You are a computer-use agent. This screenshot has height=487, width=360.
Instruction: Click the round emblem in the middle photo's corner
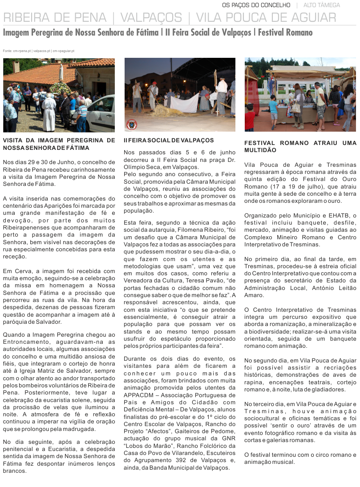[132, 125]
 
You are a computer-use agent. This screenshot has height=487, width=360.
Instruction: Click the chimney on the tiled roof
[16, 67]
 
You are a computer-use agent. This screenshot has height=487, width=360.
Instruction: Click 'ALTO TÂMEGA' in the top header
[322, 5]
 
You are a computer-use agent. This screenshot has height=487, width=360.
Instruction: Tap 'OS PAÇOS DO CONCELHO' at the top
[256, 5]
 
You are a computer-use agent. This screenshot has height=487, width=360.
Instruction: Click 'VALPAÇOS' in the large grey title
[151, 18]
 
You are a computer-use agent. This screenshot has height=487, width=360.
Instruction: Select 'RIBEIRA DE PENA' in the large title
[55, 18]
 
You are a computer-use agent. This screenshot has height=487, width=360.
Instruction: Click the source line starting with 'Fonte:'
[39, 51]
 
